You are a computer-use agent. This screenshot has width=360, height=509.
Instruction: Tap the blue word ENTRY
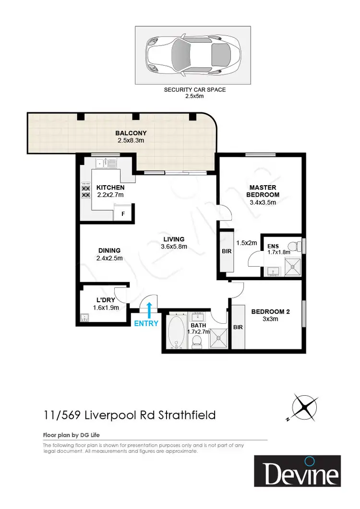(146, 323)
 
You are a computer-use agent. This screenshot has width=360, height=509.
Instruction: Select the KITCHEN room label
(110, 188)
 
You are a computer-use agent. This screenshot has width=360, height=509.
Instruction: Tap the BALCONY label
(131, 133)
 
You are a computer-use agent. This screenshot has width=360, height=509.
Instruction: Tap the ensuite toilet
(298, 246)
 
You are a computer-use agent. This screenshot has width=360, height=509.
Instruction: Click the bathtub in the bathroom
(177, 331)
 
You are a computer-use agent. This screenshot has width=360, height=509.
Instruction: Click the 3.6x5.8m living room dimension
(173, 247)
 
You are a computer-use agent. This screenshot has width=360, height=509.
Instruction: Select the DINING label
(109, 250)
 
